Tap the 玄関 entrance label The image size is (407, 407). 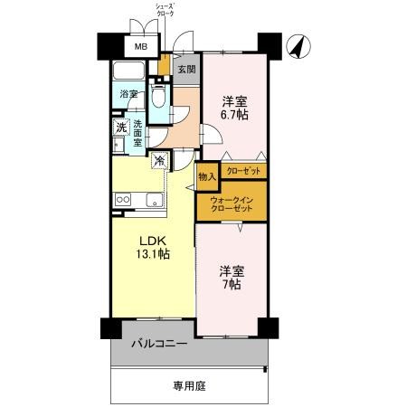click(185, 70)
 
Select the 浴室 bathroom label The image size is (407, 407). click(128, 94)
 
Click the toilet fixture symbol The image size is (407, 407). click(158, 96)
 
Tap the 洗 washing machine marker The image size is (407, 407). click(120, 128)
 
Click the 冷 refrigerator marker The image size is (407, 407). click(159, 162)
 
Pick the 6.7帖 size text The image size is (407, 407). click(236, 115)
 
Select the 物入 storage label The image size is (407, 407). click(207, 176)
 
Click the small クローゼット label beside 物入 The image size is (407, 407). click(242, 171)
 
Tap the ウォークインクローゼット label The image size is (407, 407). click(232, 203)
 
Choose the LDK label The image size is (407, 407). click(152, 240)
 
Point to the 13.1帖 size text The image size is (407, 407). click(152, 254)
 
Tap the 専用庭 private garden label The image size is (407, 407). click(190, 385)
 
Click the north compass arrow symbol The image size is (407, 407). click(298, 45)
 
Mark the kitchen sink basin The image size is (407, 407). click(149, 200)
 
